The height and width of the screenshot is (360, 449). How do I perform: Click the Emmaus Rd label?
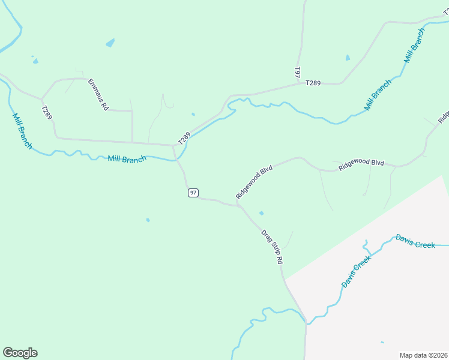(98, 94)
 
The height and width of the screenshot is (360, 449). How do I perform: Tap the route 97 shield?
(193, 193)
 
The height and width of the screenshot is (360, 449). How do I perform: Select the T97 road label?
(297, 73)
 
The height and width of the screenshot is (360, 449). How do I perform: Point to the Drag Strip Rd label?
(272, 247)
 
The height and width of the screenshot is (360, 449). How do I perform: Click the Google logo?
(20, 353)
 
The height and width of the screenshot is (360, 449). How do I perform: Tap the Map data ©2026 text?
(423, 355)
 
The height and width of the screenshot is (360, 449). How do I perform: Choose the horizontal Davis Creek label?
(415, 241)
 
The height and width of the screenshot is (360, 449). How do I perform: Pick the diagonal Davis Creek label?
(357, 271)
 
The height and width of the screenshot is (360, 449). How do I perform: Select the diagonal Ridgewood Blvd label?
(254, 182)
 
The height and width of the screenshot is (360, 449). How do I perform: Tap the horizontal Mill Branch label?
(127, 159)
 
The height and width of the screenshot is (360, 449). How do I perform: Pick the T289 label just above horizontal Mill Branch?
(184, 138)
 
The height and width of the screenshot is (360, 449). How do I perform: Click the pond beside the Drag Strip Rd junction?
(261, 213)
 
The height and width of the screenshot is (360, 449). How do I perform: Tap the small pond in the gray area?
(382, 343)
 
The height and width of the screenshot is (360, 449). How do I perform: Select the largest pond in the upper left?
(110, 43)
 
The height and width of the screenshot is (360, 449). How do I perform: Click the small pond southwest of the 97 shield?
(148, 220)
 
